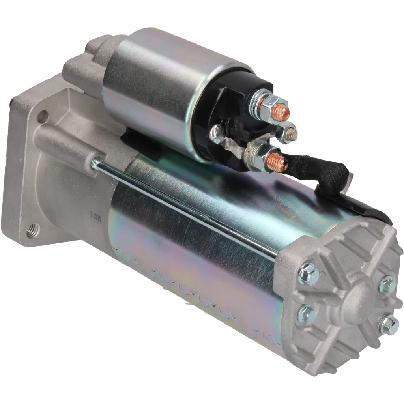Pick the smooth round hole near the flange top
click(x=43, y=116)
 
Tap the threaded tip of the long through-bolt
click(x=95, y=162)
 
